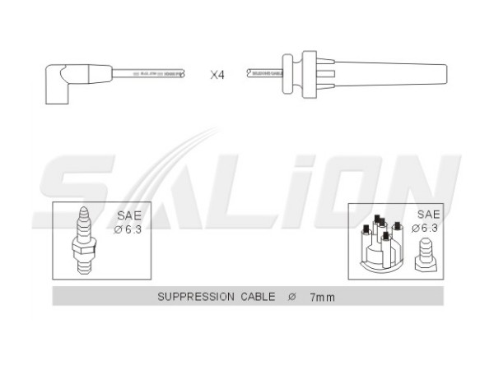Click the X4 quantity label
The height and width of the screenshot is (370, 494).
coord(217,74)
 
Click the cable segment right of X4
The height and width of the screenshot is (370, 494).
coord(263,73)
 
